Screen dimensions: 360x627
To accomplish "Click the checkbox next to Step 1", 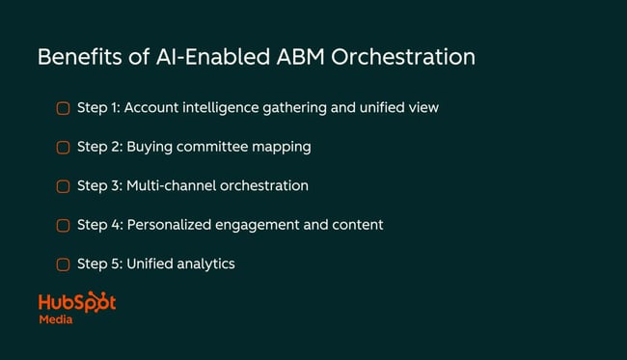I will pyautogui.click(x=63, y=108).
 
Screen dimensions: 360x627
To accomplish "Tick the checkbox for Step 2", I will pyautogui.click(x=63, y=148).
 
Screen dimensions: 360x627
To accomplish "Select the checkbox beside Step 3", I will pyautogui.click(x=63, y=186).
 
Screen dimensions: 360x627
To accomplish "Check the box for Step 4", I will pyautogui.click(x=63, y=225).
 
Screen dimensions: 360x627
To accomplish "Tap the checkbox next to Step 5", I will pyautogui.click(x=63, y=263).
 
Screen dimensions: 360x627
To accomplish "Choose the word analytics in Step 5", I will pyautogui.click(x=205, y=263).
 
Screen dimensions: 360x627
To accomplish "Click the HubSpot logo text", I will pyautogui.click(x=77, y=301).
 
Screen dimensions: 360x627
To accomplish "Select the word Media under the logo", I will pyautogui.click(x=55, y=319).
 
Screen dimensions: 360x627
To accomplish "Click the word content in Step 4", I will pyautogui.click(x=357, y=225).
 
